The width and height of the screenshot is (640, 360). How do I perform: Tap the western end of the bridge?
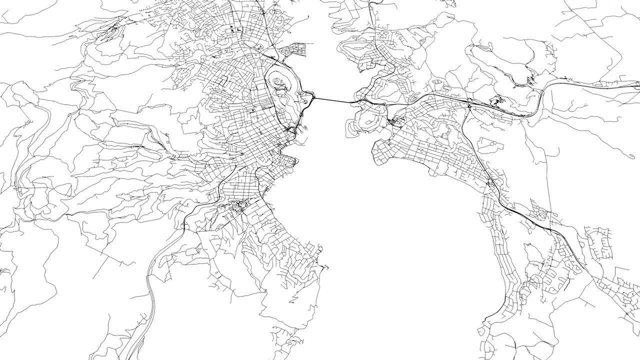[x=314, y=98]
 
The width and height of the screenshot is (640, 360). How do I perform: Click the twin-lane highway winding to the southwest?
[x=150, y=280]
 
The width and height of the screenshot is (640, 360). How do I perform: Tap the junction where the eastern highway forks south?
[x=468, y=105]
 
